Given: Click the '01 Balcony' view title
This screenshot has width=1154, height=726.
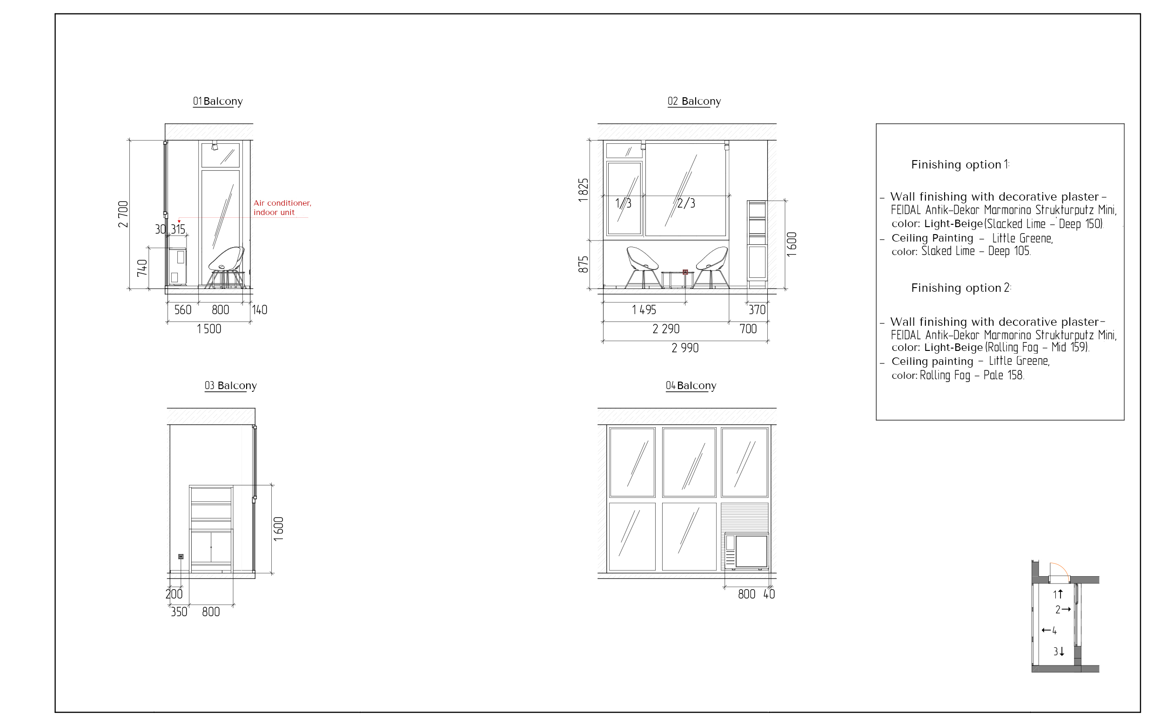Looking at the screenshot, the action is pyautogui.click(x=218, y=101).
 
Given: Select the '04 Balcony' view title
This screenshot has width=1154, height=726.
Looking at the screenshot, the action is pyautogui.click(x=691, y=385).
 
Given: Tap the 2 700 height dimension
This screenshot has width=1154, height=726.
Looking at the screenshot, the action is pyautogui.click(x=123, y=214).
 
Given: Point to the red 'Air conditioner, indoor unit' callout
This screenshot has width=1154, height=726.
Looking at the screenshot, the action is pyautogui.click(x=282, y=208).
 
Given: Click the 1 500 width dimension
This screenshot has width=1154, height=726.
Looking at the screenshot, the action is pyautogui.click(x=209, y=329).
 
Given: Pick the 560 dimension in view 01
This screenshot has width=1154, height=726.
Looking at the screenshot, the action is pyautogui.click(x=182, y=310).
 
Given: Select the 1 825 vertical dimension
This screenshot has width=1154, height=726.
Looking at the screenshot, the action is pyautogui.click(x=583, y=190).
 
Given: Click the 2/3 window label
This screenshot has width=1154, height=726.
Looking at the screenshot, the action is pyautogui.click(x=686, y=203).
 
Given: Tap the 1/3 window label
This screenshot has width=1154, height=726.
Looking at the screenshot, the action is pyautogui.click(x=623, y=203).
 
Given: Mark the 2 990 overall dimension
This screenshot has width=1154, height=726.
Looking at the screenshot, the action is pyautogui.click(x=685, y=349).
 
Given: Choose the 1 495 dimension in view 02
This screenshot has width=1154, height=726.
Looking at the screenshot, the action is pyautogui.click(x=644, y=310).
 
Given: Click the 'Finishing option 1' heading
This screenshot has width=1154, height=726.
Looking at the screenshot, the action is pyautogui.click(x=960, y=164).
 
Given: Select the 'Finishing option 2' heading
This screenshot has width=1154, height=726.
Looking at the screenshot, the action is pyautogui.click(x=960, y=288).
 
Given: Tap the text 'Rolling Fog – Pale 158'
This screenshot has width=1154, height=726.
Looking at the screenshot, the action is pyautogui.click(x=972, y=375).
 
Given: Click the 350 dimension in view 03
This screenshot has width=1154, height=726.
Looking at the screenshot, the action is pyautogui.click(x=179, y=612).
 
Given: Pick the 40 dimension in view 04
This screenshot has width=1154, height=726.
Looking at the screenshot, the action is pyautogui.click(x=769, y=594).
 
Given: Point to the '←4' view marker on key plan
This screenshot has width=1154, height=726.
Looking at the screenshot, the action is pyautogui.click(x=1049, y=631).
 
